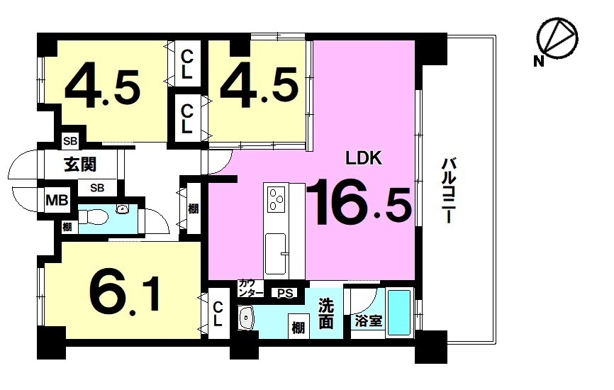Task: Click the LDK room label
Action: coord(363,158)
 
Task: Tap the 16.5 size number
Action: coord(359,202)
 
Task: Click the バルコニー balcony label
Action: coord(448,190)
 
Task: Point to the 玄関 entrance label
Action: coord(80,165)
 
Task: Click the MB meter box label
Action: coord(57,201)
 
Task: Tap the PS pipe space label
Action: coord(285,294)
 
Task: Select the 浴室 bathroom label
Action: coord(368,321)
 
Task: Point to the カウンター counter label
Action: coord(251,288)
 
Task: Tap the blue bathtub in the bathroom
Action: coord(399,312)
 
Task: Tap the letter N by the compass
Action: coord(539,62)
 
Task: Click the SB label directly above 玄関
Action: coord(70,141)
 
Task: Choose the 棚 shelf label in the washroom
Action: coord(298,328)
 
